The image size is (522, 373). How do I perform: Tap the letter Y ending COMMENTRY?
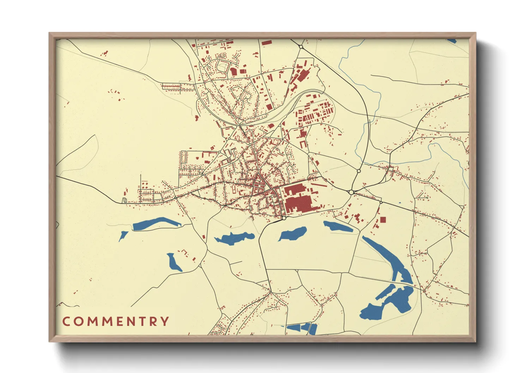(164, 322)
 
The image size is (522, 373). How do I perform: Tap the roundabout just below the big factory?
(284, 218)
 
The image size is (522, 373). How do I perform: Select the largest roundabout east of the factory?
(351, 192)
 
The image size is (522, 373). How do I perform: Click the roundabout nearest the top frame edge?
(301, 47)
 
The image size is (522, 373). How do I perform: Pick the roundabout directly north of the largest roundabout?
(359, 171)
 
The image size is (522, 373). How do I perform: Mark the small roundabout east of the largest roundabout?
(381, 202)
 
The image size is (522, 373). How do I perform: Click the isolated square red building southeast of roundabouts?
(383, 220)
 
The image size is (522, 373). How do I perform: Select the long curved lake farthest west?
(155, 224)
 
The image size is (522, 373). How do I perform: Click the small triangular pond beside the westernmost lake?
(123, 236)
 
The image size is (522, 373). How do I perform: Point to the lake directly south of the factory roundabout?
(293, 234)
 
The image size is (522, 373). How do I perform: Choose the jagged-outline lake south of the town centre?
(235, 238)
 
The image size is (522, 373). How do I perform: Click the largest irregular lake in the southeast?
(388, 303)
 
